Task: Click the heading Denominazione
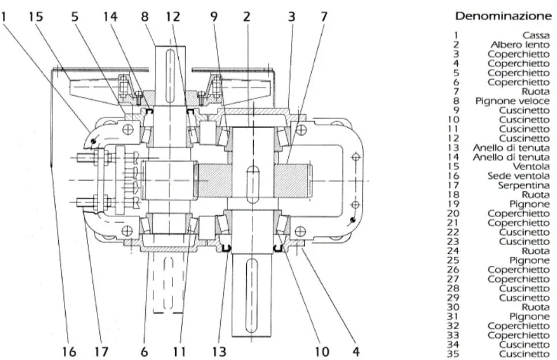502,15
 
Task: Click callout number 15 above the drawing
36,17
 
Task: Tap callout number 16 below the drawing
69,351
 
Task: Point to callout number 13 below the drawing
219,351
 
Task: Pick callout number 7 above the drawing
323,17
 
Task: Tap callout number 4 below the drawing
356,351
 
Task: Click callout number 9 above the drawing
214,17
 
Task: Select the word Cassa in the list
536,35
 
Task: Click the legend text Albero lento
520,44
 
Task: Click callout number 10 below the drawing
322,351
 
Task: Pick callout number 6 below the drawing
145,351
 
